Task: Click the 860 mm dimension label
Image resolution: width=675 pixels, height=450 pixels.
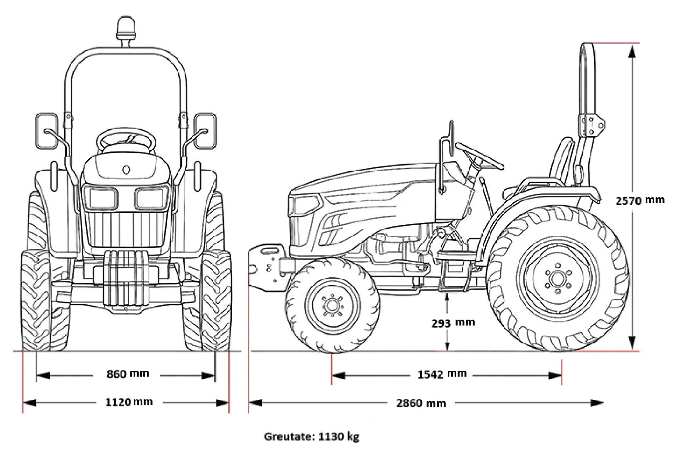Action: [x=127, y=374]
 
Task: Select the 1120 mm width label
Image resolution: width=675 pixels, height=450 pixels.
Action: [x=128, y=402]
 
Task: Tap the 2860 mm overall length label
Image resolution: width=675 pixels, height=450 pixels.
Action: [x=420, y=403]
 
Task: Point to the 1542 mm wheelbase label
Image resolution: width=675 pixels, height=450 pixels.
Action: [x=441, y=374]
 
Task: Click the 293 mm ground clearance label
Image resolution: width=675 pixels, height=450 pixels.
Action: [x=452, y=322]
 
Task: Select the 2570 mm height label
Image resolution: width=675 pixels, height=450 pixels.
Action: [x=639, y=200]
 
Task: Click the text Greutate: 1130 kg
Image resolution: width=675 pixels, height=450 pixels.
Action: [x=312, y=436]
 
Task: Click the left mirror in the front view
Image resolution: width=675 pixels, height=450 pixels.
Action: [x=47, y=130]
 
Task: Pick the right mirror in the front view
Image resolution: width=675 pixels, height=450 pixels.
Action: [x=206, y=130]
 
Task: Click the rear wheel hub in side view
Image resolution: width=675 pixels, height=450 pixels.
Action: [x=557, y=279]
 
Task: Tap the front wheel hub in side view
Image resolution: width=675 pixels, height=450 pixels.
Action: [x=332, y=306]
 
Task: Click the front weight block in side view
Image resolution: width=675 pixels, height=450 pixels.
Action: [x=264, y=266]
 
